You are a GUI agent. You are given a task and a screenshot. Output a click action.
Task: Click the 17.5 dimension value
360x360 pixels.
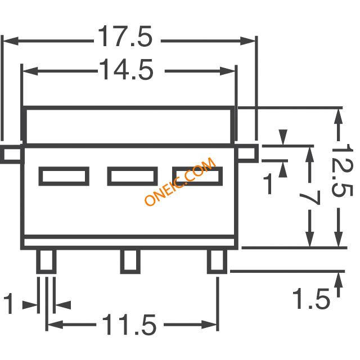[125, 36]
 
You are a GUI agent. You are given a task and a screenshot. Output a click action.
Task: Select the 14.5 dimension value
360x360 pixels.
[126, 69]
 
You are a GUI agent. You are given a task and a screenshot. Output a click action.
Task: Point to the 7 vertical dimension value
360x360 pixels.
[310, 198]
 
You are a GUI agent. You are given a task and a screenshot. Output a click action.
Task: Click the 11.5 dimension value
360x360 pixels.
[129, 325]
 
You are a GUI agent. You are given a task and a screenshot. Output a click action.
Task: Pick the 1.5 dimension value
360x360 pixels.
[311, 298]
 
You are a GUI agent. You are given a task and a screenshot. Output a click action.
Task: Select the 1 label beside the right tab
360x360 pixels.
[268, 184]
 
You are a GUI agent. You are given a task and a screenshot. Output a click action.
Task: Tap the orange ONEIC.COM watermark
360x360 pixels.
[180, 181]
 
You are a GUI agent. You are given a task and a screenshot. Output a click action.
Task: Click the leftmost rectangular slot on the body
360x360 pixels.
[64, 176]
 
